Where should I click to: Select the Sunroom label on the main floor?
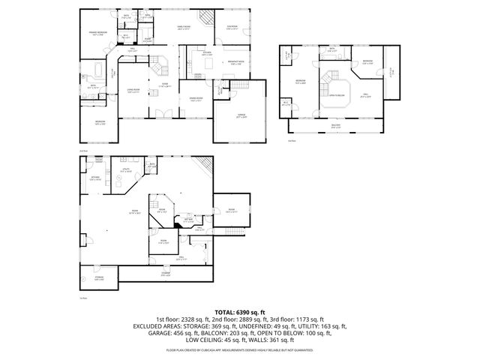point(232,28)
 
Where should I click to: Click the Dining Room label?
point(196,100)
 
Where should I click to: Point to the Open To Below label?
point(337,95)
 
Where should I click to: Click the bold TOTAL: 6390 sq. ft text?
point(239,311)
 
